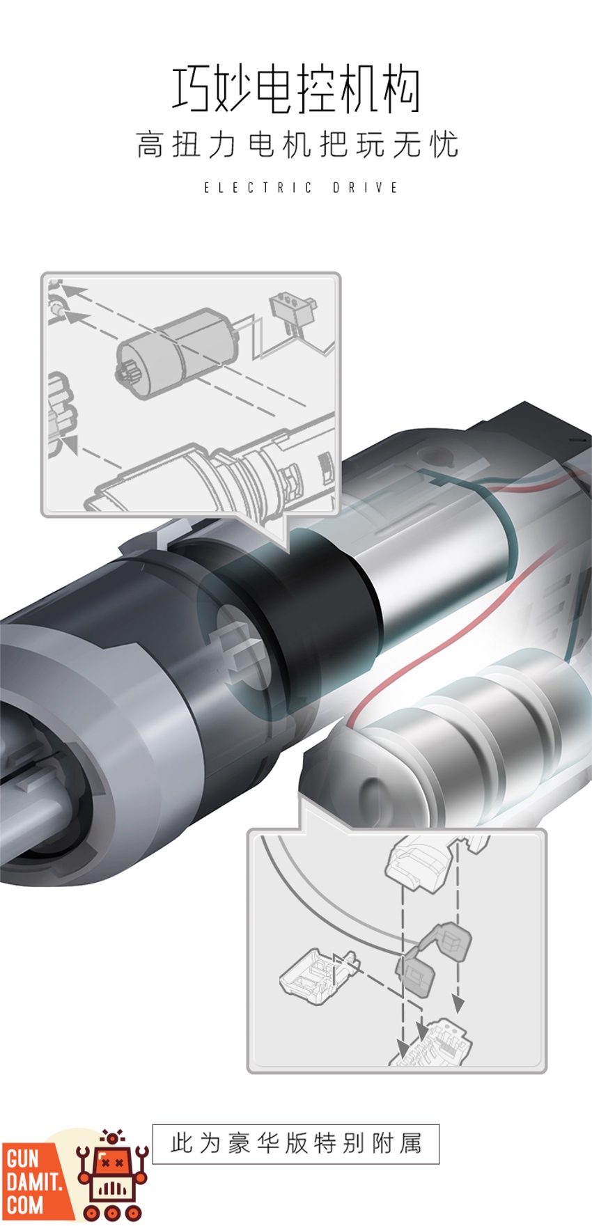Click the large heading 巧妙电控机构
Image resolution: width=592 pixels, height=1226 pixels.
(x=297, y=91)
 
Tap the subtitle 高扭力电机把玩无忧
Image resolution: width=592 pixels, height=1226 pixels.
(x=297, y=145)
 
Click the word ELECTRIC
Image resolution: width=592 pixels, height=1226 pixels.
(x=258, y=187)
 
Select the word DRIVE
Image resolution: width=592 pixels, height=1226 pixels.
(x=366, y=187)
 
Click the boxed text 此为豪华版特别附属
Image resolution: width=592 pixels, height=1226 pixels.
(x=296, y=1144)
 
